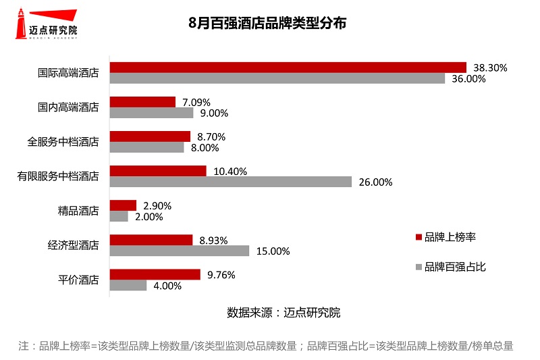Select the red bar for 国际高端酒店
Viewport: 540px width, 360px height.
click(288, 67)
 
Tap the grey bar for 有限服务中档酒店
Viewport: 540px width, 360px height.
click(231, 182)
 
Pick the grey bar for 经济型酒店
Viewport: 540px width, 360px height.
click(180, 251)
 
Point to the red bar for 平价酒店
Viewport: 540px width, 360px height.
click(155, 274)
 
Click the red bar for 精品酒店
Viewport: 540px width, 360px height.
click(124, 205)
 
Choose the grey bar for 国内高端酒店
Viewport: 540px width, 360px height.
click(152, 113)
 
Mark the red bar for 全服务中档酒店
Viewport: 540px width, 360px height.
click(151, 136)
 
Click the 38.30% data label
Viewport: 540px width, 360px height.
click(490, 68)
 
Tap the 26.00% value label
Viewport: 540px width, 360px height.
click(375, 182)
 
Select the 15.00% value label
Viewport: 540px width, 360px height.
click(273, 251)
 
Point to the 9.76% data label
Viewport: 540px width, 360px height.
click(221, 275)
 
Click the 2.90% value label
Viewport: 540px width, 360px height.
click(157, 205)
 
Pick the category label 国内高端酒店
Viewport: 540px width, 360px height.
click(68, 107)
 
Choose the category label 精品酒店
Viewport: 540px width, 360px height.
click(78, 211)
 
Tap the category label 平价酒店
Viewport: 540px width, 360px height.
click(78, 280)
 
